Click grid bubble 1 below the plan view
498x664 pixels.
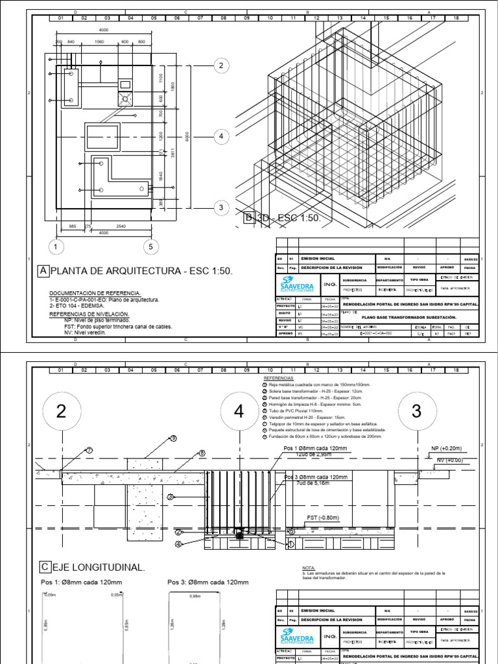(x=56, y=246)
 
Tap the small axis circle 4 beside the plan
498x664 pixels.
(x=221, y=136)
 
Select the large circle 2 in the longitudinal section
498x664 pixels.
(x=61, y=411)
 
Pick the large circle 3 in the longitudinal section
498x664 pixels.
(x=416, y=411)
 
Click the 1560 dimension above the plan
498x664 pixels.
(x=99, y=41)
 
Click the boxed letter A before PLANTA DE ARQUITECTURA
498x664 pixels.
(x=43, y=270)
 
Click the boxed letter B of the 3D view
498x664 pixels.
(x=248, y=219)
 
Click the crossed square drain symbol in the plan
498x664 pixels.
(x=124, y=98)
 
